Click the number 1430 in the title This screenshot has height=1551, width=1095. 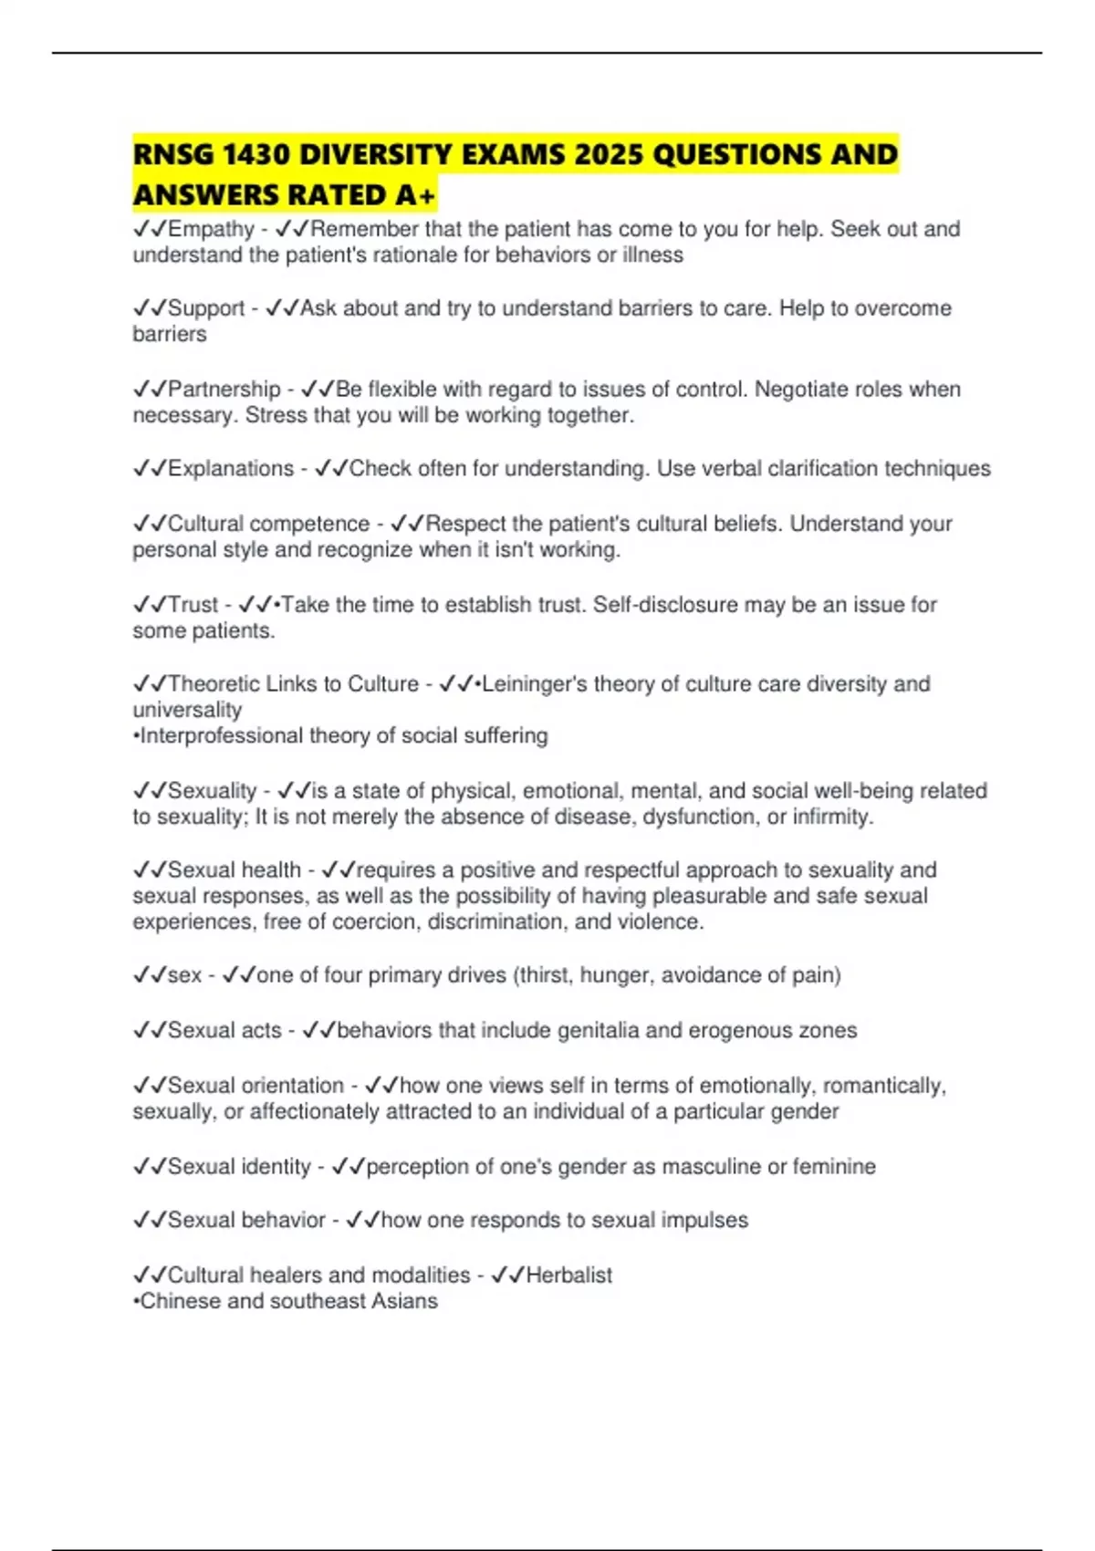point(256,154)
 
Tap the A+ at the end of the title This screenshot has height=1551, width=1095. point(416,195)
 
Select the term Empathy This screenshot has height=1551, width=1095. point(211,229)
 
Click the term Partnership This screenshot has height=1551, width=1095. point(224,390)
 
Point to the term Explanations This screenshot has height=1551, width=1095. point(231,469)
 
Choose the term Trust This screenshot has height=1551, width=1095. point(193,605)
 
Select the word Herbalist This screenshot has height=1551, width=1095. point(568,1275)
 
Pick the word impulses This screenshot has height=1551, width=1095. point(704,1221)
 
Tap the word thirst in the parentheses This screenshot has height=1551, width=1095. point(544,975)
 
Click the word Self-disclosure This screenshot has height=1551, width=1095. point(665,605)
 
